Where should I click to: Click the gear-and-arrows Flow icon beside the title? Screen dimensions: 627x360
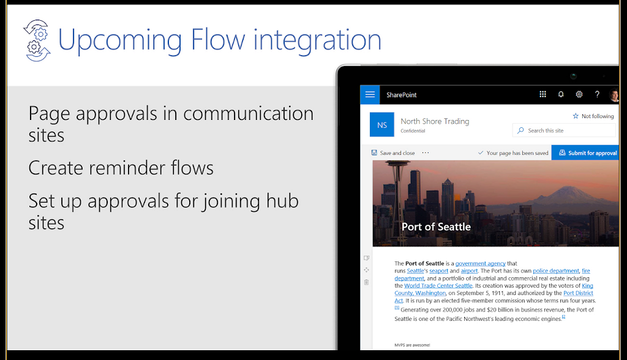(x=37, y=40)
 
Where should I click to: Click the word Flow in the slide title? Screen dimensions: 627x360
(x=218, y=40)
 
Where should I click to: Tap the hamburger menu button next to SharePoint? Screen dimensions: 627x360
(x=370, y=95)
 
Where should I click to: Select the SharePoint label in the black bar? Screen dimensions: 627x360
(x=402, y=95)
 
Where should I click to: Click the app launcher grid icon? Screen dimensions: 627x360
(x=543, y=94)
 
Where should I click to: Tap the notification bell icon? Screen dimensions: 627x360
(x=561, y=94)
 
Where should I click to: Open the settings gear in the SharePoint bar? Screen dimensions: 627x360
(x=579, y=94)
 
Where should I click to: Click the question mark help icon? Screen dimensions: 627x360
(x=597, y=94)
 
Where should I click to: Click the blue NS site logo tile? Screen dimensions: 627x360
(x=382, y=125)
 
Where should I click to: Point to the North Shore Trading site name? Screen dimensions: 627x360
(x=435, y=121)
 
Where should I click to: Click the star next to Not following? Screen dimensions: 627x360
(x=576, y=116)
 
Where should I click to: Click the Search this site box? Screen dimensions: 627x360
(x=564, y=130)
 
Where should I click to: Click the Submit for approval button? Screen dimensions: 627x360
(x=585, y=153)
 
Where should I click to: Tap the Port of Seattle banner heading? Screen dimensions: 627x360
(x=436, y=227)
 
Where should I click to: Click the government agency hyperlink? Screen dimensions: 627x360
(x=480, y=263)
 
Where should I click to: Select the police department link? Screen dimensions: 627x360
(x=556, y=271)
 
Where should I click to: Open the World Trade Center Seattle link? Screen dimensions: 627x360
(x=438, y=285)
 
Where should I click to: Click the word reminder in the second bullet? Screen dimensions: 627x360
(x=127, y=168)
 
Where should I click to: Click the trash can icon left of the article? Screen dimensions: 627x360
(x=366, y=282)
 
